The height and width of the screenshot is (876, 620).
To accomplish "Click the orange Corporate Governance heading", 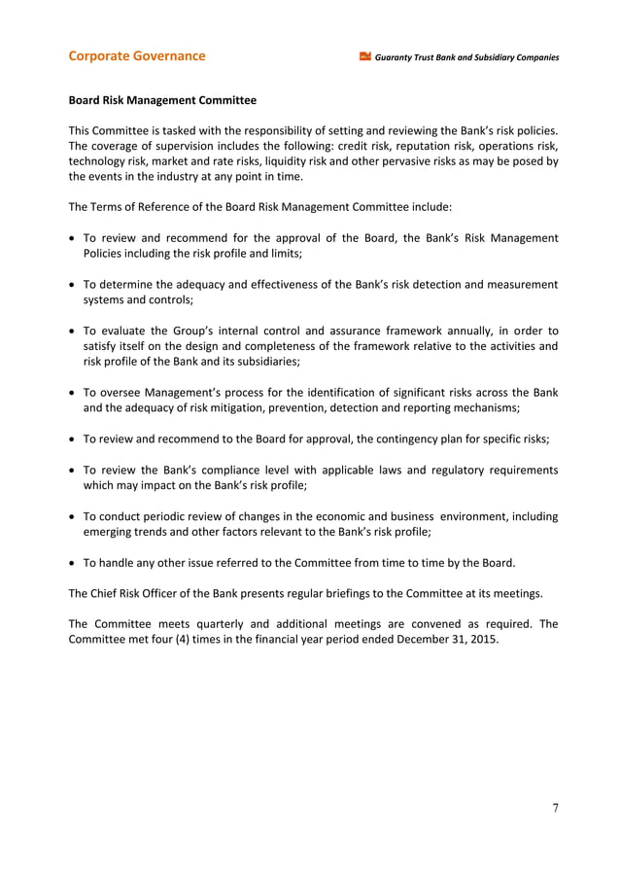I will (x=136, y=55).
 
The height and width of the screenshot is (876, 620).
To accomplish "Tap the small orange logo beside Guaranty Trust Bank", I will (x=365, y=56).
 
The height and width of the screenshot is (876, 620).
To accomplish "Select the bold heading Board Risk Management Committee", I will (x=162, y=100).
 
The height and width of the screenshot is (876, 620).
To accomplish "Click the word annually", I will (x=442, y=330).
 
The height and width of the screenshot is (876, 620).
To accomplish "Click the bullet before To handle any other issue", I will (x=73, y=562).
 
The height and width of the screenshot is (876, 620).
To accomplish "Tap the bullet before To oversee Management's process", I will (x=73, y=393).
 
